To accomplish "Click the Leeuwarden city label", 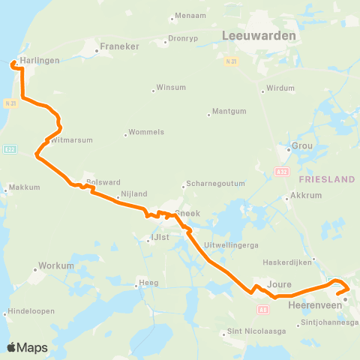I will point(259,35).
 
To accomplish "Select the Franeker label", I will point(121,46).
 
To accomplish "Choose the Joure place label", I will point(279,284).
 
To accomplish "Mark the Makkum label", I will point(25,187).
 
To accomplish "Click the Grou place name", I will point(304,146).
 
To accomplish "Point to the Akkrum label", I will point(303,199).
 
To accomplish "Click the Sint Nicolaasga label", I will point(256,331).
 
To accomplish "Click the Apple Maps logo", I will point(27,347).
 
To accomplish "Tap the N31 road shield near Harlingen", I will point(9,103).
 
